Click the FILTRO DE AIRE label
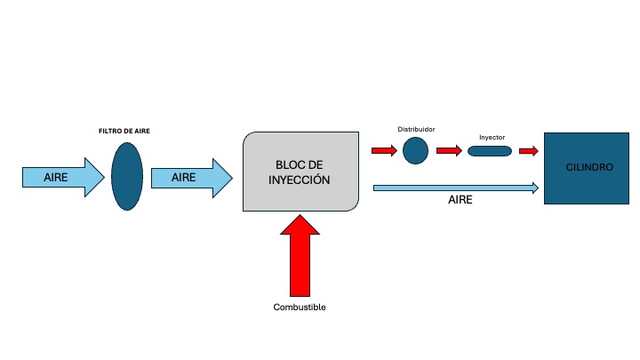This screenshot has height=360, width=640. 124,131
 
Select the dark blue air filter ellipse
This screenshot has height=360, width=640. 127,177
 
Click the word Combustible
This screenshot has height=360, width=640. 300,308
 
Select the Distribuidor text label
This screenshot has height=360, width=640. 416,129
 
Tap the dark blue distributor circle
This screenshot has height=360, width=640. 415,150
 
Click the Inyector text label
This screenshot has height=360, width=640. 492,137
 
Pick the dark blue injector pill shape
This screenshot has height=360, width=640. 490,151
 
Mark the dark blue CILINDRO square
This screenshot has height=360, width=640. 584,168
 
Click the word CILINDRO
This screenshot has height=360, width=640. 584,168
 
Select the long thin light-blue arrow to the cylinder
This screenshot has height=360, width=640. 456,188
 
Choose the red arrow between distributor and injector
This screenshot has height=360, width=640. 450,151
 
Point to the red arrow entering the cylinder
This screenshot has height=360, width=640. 528,151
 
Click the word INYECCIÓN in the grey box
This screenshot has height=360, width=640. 301,180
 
